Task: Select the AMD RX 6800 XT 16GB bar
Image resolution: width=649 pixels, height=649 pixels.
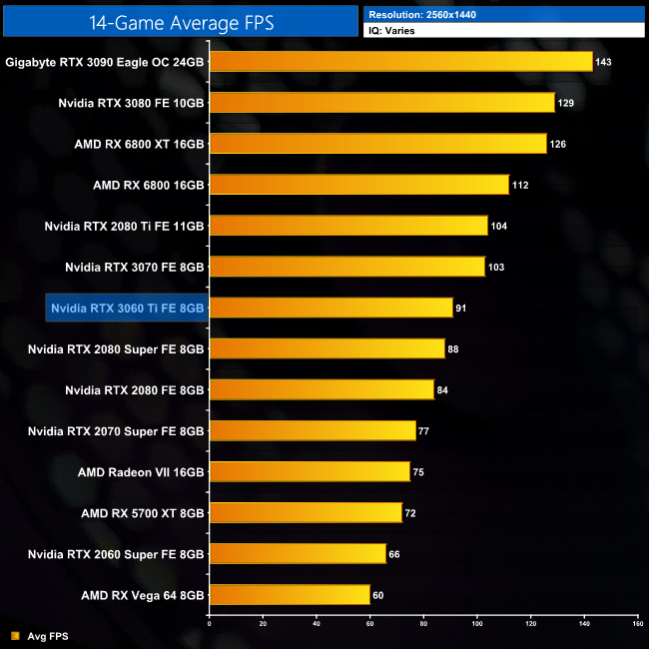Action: [x=378, y=144]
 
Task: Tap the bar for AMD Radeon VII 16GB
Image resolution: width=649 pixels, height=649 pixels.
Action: [x=310, y=471]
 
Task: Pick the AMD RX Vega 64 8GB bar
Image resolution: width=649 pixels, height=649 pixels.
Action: [x=290, y=594]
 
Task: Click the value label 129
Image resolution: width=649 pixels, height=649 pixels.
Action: [x=567, y=103]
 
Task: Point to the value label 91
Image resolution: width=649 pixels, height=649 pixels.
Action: [x=462, y=308]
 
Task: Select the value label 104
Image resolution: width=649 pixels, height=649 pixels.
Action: [x=499, y=226]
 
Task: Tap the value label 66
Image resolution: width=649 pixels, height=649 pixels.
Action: [x=394, y=553]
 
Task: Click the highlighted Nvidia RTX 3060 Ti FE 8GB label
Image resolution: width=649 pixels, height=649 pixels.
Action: [x=127, y=308]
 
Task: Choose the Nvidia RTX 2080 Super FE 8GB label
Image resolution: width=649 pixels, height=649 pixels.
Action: [x=116, y=348]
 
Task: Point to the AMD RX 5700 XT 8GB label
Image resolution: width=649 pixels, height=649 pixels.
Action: [x=143, y=512]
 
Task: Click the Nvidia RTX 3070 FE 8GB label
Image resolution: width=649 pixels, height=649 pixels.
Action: [x=135, y=267]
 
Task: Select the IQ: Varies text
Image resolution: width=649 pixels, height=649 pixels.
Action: [x=393, y=31]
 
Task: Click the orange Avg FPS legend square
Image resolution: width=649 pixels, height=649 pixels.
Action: [x=13, y=635]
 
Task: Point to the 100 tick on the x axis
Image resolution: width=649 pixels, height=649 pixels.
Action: [x=477, y=625]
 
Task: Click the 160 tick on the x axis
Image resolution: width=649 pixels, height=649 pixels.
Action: [x=637, y=625]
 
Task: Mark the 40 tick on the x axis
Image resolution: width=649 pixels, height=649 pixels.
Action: [x=316, y=625]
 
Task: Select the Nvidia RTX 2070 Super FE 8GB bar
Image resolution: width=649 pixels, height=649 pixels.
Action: [x=313, y=430]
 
